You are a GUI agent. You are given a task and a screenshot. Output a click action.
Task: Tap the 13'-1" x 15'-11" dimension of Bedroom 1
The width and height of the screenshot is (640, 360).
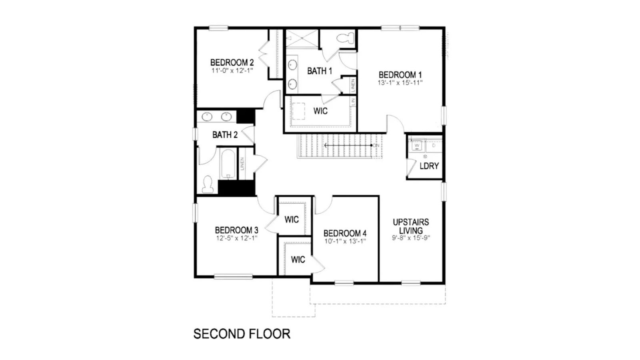tap(400, 83)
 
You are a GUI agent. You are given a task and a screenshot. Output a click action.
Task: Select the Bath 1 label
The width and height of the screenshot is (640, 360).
tap(320, 71)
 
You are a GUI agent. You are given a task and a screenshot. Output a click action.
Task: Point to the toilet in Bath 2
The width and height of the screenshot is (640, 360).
tap(207, 184)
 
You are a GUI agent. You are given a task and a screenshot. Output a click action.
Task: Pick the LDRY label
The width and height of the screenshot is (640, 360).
tap(429, 166)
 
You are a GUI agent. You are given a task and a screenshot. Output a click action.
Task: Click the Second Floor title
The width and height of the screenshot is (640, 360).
tap(242, 334)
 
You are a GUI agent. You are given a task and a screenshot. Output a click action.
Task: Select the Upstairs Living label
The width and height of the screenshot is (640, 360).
tap(411, 226)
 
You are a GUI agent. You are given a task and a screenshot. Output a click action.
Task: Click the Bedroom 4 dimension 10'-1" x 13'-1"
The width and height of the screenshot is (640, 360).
tap(345, 241)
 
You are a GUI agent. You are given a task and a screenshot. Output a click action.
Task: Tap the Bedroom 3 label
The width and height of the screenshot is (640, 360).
tap(236, 230)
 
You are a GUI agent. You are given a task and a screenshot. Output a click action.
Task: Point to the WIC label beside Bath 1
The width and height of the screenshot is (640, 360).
tap(320, 111)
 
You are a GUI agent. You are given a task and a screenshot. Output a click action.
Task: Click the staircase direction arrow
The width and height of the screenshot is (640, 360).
tap(348, 145)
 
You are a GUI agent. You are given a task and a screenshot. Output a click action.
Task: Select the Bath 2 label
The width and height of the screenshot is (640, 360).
tap(225, 135)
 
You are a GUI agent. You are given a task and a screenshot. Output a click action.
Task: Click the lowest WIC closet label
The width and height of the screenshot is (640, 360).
tap(298, 260)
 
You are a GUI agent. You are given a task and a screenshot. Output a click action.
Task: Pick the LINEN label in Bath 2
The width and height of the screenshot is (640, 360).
tap(242, 164)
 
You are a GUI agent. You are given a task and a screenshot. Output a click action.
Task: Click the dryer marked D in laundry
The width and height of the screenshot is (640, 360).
tap(434, 145)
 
